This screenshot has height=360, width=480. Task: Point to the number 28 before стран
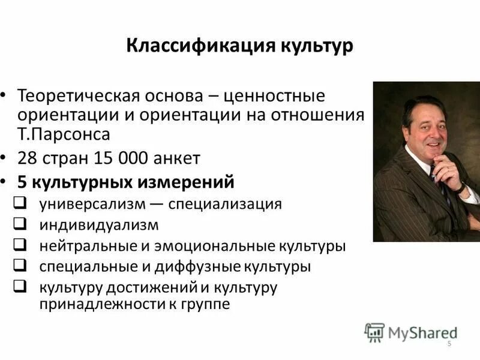[27, 158]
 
